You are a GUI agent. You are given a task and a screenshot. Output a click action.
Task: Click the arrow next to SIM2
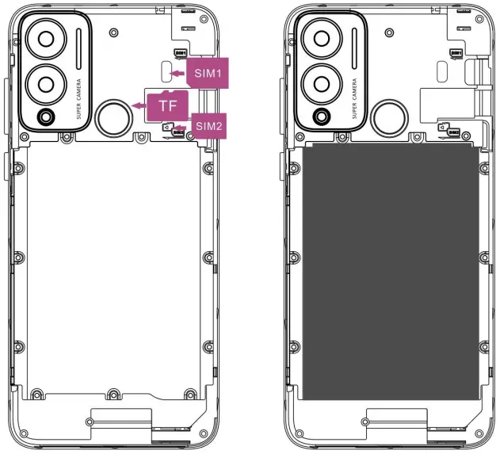185,126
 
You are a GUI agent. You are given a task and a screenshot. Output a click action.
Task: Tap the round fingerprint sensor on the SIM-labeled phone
113,118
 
